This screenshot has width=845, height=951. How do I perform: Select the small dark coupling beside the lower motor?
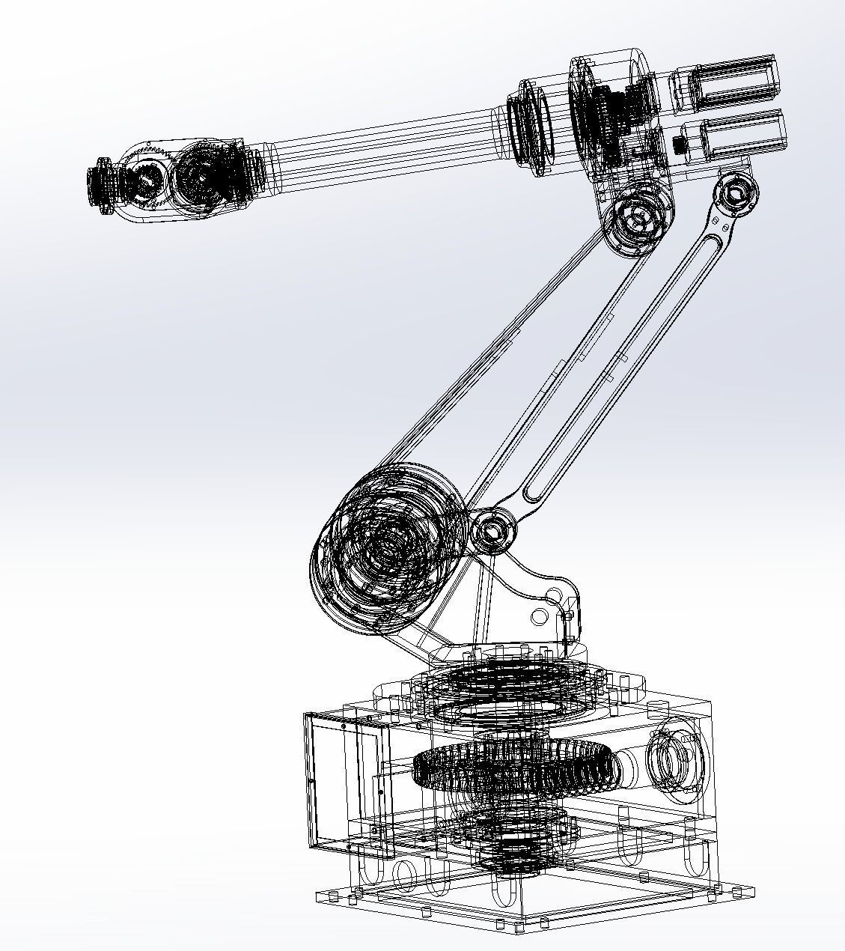[680, 145]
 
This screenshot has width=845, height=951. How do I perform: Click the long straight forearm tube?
[382, 145]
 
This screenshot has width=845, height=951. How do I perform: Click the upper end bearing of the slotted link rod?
[736, 193]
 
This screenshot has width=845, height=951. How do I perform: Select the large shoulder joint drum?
[385, 543]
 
